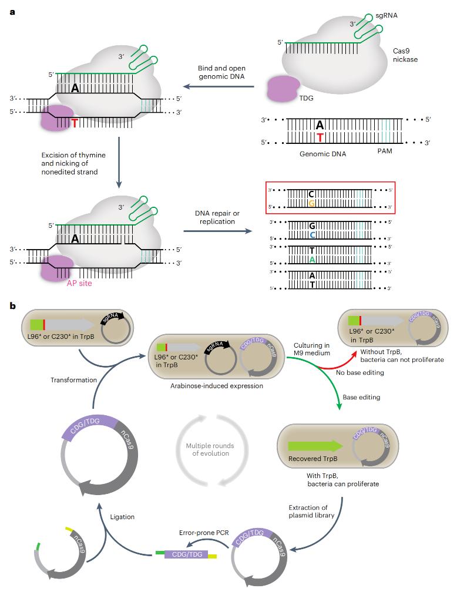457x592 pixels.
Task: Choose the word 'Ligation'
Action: click(x=123, y=517)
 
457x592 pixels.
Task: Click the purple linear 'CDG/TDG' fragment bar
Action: click(x=186, y=553)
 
